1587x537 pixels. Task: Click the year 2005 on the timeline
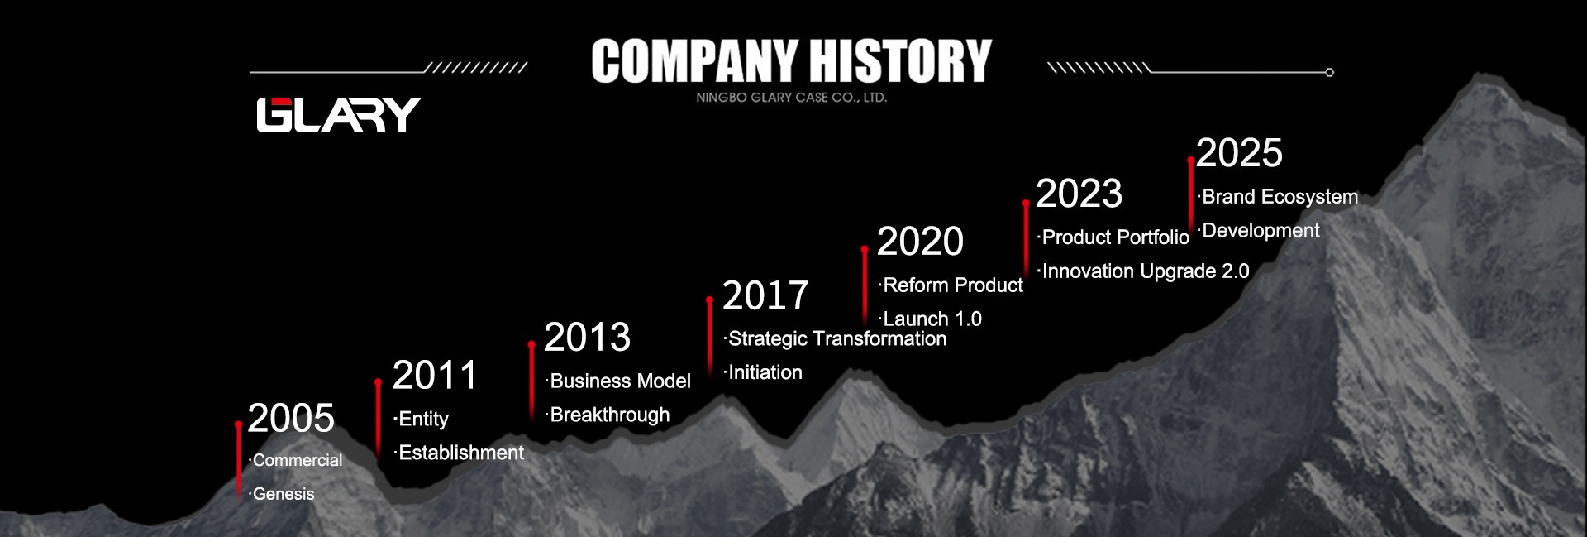coord(291,418)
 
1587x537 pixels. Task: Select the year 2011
coord(435,376)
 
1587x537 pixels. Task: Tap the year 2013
coord(587,338)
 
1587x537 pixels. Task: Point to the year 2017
coord(765,295)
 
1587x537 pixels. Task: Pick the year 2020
coord(920,242)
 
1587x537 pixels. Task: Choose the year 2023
coord(1079,194)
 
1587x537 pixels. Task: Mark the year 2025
coord(1239,153)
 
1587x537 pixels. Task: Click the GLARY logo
coord(338,115)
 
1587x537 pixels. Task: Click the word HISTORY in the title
coord(900,60)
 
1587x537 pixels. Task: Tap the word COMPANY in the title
coord(694,60)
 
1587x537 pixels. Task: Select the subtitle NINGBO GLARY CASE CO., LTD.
coord(791,98)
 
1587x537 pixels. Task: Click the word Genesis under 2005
coord(284,494)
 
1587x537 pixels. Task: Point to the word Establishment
coord(461,453)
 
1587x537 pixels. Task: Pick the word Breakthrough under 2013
coord(610,415)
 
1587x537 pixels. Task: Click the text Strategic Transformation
coord(837,339)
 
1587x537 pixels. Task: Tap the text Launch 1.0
coord(932,319)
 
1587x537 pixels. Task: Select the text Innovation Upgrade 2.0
coord(1146,271)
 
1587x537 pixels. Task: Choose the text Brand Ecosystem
coord(1280,197)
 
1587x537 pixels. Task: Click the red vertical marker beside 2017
coord(709,335)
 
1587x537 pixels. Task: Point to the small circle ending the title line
coord(1329,73)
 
